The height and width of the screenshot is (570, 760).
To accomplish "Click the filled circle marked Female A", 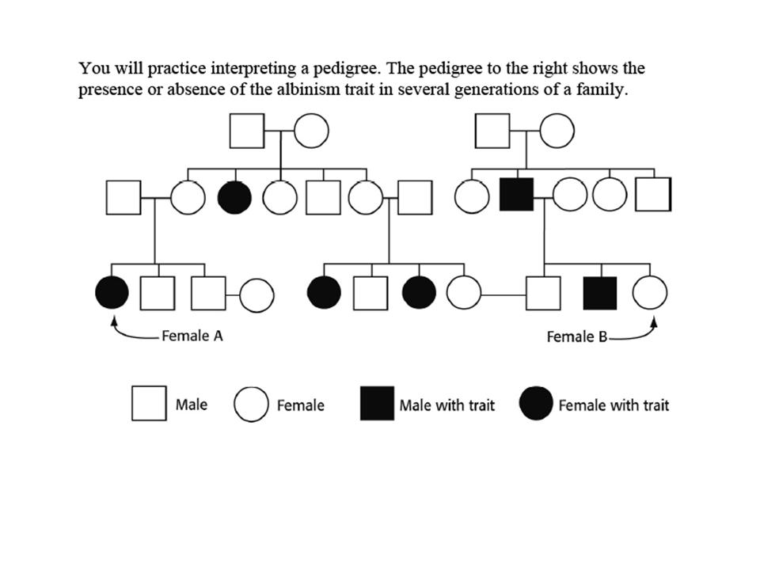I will pyautogui.click(x=112, y=293).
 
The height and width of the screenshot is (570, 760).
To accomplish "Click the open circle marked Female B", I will pyautogui.click(x=649, y=293).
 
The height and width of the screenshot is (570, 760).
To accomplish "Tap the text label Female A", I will pyautogui.click(x=192, y=336).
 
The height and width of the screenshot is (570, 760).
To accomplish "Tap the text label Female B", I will pyautogui.click(x=576, y=336).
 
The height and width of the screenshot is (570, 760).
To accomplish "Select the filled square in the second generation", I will pyautogui.click(x=516, y=195).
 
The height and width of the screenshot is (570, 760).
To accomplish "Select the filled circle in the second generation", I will pyautogui.click(x=234, y=197).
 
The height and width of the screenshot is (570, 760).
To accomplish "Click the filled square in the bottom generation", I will pyautogui.click(x=599, y=293).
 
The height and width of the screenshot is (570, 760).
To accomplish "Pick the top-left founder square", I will pyautogui.click(x=247, y=131).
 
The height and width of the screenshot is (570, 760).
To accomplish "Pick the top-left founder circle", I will pyautogui.click(x=311, y=131).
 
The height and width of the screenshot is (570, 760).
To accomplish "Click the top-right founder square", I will pyautogui.click(x=492, y=131).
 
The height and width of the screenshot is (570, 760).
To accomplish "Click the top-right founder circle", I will pyautogui.click(x=557, y=131).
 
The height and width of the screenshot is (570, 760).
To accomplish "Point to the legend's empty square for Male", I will pyautogui.click(x=149, y=404).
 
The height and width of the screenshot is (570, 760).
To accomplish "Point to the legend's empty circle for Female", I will pyautogui.click(x=250, y=405).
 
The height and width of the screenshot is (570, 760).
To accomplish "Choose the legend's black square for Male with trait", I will pyautogui.click(x=377, y=405).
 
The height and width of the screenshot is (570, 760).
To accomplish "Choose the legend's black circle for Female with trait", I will pyautogui.click(x=536, y=405).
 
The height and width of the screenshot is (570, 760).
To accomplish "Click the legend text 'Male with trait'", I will pyautogui.click(x=446, y=405).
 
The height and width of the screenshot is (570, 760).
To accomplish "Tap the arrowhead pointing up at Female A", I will pyautogui.click(x=115, y=320).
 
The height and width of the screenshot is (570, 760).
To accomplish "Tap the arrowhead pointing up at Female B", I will pyautogui.click(x=654, y=320).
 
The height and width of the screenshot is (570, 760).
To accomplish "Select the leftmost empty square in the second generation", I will pyautogui.click(x=123, y=197).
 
